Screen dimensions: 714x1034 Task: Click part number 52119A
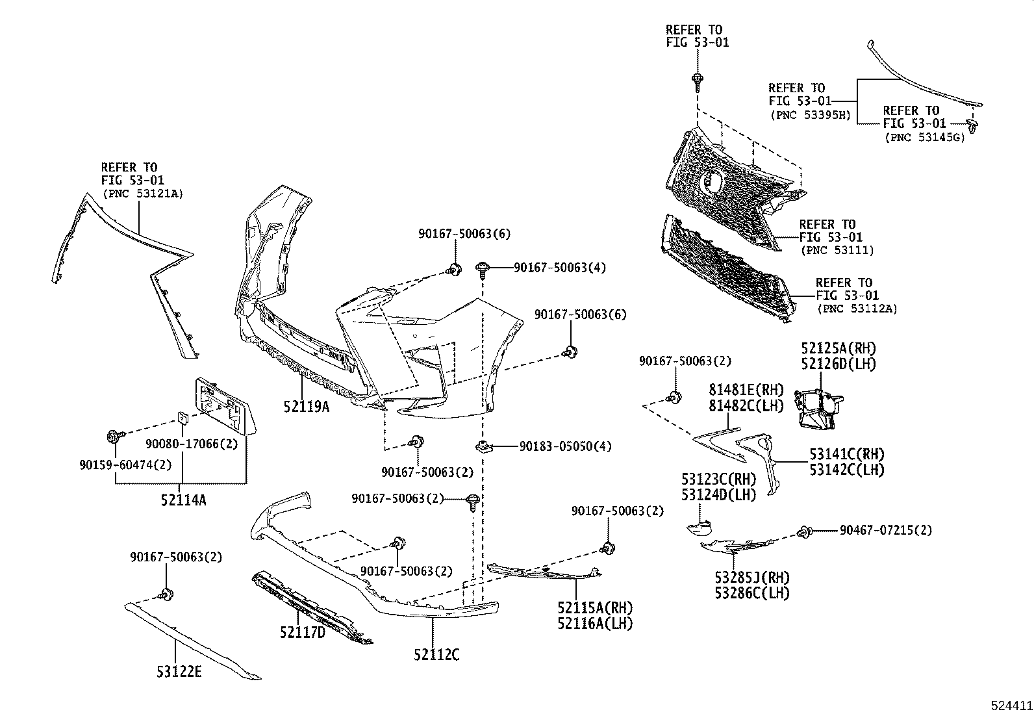pyautogui.click(x=306, y=407)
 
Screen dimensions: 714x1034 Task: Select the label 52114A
pyautogui.click(x=183, y=500)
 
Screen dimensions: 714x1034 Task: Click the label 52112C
pyautogui.click(x=436, y=655)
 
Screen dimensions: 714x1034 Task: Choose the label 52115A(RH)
pyautogui.click(x=595, y=608)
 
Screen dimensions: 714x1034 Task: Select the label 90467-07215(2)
pyautogui.click(x=885, y=531)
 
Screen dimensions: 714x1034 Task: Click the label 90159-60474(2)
pyautogui.click(x=117, y=465)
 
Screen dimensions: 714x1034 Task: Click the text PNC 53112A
pyautogui.click(x=857, y=309)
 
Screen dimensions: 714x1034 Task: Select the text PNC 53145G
pyautogui.click(x=924, y=137)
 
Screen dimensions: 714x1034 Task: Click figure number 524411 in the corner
pyautogui.click(x=1011, y=705)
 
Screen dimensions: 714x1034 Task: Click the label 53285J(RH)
pyautogui.click(x=753, y=578)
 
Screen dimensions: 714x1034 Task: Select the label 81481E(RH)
pyautogui.click(x=746, y=390)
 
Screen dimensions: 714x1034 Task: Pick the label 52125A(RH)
pyautogui.click(x=838, y=349)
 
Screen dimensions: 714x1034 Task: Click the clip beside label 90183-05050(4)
pyautogui.click(x=483, y=446)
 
